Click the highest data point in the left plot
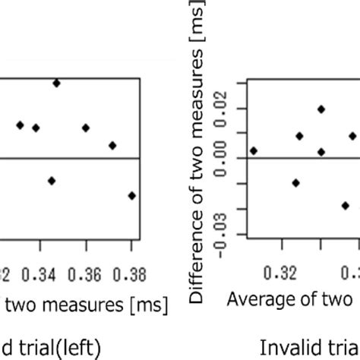click(x=56, y=83)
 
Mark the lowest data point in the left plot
click(x=132, y=195)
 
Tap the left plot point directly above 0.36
click(x=85, y=128)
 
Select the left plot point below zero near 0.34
click(x=52, y=180)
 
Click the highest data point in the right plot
click(x=321, y=109)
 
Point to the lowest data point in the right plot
click(x=345, y=205)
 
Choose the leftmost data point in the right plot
click(x=254, y=150)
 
